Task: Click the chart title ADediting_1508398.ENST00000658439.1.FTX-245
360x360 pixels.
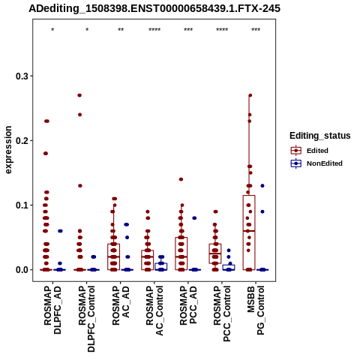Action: pos(154,8)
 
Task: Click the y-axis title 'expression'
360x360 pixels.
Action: pos(8,150)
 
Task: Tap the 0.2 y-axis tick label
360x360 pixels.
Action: pos(22,141)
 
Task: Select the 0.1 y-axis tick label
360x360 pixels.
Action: pos(22,205)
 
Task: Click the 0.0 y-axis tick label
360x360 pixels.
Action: pos(22,270)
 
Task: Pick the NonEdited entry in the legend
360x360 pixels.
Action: pos(316,163)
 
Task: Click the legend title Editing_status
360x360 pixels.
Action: pos(320,136)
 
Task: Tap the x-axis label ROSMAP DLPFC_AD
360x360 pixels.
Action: pos(52,310)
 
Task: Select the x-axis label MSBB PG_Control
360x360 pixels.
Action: pos(256,310)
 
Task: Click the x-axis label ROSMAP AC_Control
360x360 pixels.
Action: pos(154,310)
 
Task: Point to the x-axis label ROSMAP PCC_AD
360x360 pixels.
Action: pos(188,305)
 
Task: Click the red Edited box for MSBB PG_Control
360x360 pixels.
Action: pos(249,232)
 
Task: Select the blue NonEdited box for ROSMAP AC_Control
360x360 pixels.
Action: pos(161,266)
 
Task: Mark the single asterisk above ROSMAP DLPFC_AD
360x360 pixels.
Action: pos(52,30)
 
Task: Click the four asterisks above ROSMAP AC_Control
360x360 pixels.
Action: pos(154,30)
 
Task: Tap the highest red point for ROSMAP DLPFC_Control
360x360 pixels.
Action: pos(79,95)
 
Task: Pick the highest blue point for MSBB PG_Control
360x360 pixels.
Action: pos(262,186)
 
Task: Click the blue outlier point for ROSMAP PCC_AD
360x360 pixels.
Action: pos(194,218)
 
